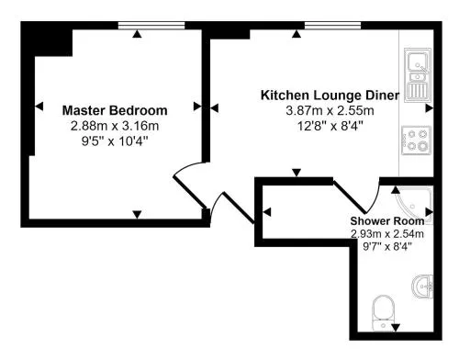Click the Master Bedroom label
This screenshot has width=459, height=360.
(x=115, y=110)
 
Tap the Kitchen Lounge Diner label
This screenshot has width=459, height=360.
(x=330, y=96)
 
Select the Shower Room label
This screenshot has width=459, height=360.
(x=387, y=220)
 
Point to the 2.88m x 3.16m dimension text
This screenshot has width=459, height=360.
(x=115, y=126)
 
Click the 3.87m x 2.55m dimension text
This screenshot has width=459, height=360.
(x=330, y=110)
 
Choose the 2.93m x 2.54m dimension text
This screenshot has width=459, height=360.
(x=387, y=234)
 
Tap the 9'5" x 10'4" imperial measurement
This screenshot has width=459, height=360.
(x=115, y=141)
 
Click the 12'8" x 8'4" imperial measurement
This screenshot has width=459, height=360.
(x=330, y=126)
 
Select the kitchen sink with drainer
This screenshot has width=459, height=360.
(x=418, y=75)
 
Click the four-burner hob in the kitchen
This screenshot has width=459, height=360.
(x=417, y=141)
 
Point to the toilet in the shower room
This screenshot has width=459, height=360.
(x=384, y=312)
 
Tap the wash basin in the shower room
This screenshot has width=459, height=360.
(x=423, y=287)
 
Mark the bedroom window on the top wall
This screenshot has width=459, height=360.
(x=151, y=26)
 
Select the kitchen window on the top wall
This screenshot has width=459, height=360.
(x=332, y=26)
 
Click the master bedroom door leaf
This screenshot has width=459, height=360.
(x=190, y=192)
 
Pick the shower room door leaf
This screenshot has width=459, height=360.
(x=350, y=197)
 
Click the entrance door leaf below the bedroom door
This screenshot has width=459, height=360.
(x=239, y=208)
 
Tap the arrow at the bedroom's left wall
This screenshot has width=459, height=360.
(x=39, y=107)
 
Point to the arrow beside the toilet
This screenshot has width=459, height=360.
(x=396, y=328)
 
